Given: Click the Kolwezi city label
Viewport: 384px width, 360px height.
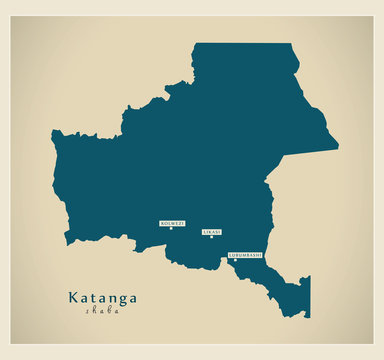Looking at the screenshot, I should [x=171, y=223].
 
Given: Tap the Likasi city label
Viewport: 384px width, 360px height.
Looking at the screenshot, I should [x=212, y=232].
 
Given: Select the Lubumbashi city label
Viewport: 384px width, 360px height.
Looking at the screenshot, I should [x=245, y=255].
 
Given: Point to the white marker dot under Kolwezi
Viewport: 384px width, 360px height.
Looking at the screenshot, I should [x=171, y=228].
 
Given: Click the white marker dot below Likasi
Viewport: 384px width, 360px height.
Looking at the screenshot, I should [x=212, y=237].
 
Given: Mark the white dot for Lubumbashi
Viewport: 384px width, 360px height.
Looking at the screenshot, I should [x=236, y=260].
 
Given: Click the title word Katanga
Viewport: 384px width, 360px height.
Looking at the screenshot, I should [x=103, y=297].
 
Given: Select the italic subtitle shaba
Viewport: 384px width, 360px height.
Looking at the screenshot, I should [x=102, y=311].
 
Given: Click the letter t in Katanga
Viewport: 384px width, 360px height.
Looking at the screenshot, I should [x=95, y=297].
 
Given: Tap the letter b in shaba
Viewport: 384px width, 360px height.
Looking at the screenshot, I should [x=109, y=311].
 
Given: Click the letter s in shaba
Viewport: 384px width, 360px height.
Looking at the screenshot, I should [x=87, y=311].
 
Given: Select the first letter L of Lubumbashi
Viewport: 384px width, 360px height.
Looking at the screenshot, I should [x=230, y=255].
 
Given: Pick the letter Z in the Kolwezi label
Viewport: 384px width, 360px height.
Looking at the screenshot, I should [x=176, y=223].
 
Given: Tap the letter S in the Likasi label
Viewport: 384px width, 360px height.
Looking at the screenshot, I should [x=215, y=232].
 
